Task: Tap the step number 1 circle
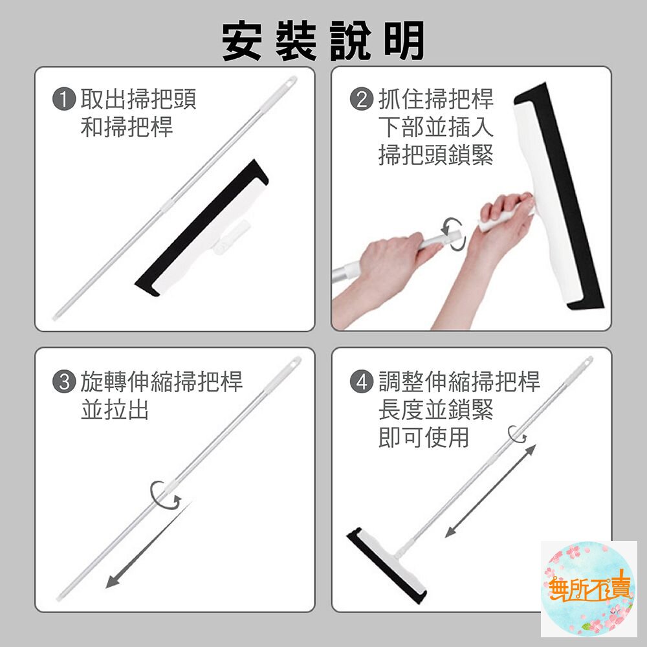point(64,99)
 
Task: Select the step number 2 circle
point(362,99)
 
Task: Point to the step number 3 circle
point(64,381)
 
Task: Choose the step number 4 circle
point(362,381)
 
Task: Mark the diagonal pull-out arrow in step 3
point(149,544)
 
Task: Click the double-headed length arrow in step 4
point(490,490)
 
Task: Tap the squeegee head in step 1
point(201,228)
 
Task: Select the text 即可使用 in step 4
point(424,437)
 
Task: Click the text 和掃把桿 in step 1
point(127,127)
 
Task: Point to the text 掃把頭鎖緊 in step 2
point(435,155)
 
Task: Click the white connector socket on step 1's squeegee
point(231,236)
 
